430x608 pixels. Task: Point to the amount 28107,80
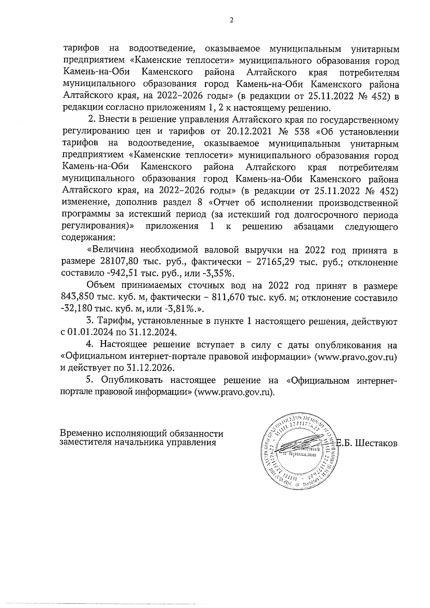[x=116, y=262]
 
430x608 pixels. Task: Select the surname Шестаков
[x=377, y=443]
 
